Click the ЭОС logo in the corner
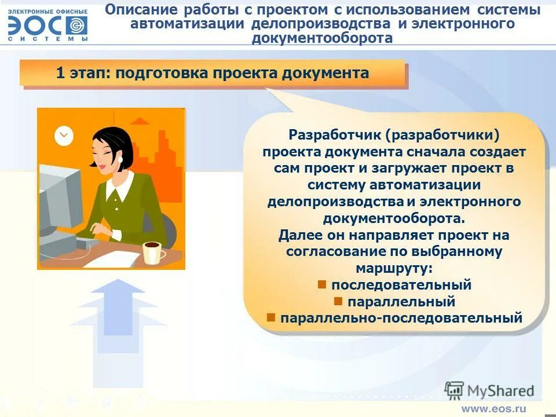click(48, 25)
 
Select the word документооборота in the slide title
click(322, 38)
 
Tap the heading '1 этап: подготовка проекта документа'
click(212, 73)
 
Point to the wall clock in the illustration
click(64, 136)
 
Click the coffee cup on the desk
click(152, 252)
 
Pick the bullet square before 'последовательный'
click(323, 284)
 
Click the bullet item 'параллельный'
click(401, 302)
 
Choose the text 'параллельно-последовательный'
click(401, 318)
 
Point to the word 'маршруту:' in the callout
click(394, 268)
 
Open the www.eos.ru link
click(493, 408)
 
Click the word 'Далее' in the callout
click(297, 235)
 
